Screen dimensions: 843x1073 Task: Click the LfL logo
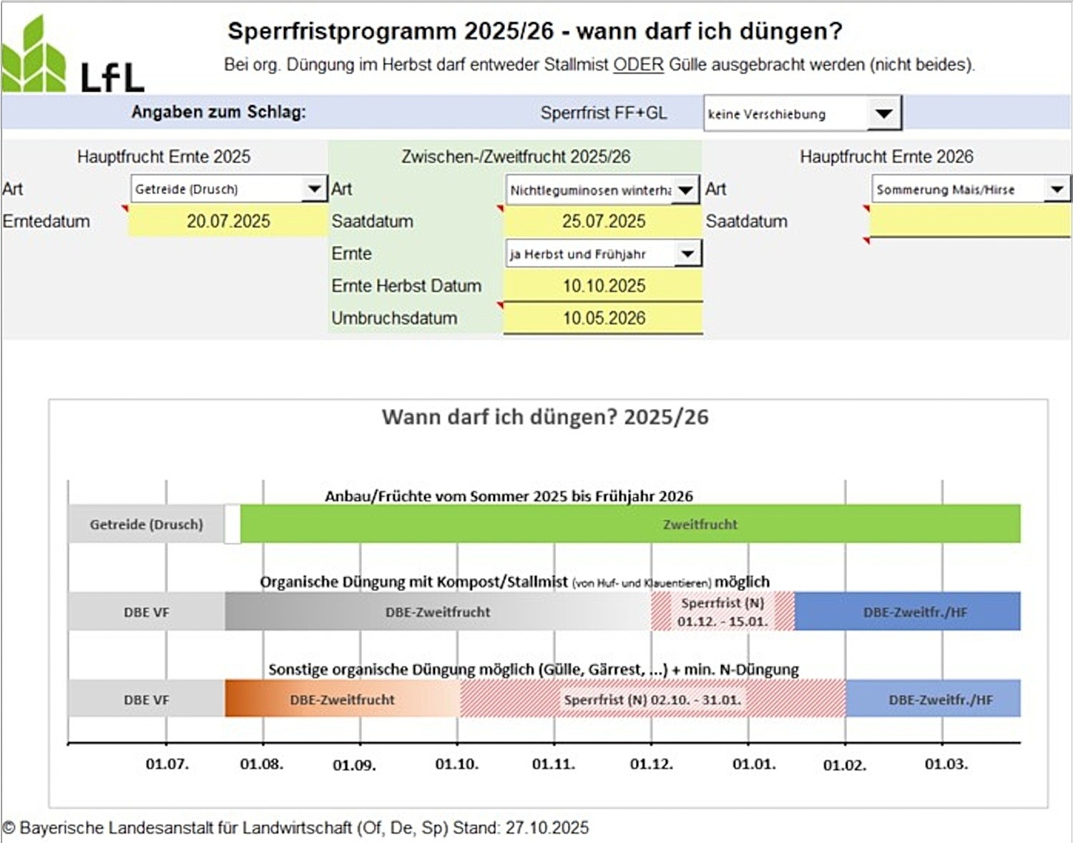coord(72,57)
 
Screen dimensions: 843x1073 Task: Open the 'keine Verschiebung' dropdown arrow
coord(883,114)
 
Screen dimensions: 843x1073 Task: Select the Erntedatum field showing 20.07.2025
coord(227,222)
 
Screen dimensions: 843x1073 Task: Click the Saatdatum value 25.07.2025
coord(603,222)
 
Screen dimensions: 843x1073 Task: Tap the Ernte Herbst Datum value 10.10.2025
coord(603,286)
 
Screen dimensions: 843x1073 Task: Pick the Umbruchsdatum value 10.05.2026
coord(603,318)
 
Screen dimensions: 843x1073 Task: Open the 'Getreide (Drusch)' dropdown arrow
coord(314,189)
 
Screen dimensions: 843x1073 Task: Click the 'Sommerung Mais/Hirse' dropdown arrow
coord(1057,189)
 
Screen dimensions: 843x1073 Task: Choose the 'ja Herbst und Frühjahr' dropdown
coord(603,254)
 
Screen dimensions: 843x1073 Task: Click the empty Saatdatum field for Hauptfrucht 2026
coord(969,222)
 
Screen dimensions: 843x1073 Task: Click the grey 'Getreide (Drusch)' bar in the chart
coord(146,524)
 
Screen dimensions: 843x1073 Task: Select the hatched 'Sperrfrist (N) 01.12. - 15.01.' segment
coord(722,612)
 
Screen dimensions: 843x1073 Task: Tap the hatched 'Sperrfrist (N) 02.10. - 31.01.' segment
coord(652,699)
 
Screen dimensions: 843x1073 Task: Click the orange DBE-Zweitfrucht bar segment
coord(342,699)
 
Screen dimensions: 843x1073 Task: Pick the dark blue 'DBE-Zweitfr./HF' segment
coord(907,612)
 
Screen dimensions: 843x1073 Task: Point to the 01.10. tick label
coord(456,764)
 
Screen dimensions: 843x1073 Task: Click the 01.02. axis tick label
coord(844,765)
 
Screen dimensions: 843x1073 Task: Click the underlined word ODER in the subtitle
coord(638,64)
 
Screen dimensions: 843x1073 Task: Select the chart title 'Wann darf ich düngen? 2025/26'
coord(545,417)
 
